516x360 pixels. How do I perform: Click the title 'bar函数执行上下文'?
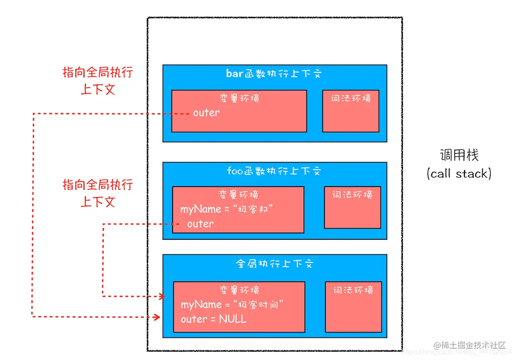274,74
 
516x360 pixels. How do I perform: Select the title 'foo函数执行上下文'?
274,171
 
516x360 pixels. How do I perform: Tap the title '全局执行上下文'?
274,264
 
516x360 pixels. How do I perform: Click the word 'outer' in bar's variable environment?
206,113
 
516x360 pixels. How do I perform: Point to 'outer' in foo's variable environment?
200,224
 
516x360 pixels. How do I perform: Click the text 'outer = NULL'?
213,319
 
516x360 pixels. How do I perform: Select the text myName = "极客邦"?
227,209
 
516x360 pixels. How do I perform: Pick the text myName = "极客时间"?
232,304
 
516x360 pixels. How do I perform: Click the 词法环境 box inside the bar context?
351,111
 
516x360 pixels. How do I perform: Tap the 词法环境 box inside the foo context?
352,207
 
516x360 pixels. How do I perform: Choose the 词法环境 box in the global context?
353,307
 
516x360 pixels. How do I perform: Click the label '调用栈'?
459,155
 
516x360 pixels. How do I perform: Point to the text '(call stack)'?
459,173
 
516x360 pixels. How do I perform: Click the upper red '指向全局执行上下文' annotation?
98,81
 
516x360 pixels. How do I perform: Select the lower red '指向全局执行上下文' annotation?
98,193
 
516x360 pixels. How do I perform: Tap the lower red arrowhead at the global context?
157,317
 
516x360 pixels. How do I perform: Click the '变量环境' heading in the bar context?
239,98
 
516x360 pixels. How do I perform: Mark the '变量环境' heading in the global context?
239,290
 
